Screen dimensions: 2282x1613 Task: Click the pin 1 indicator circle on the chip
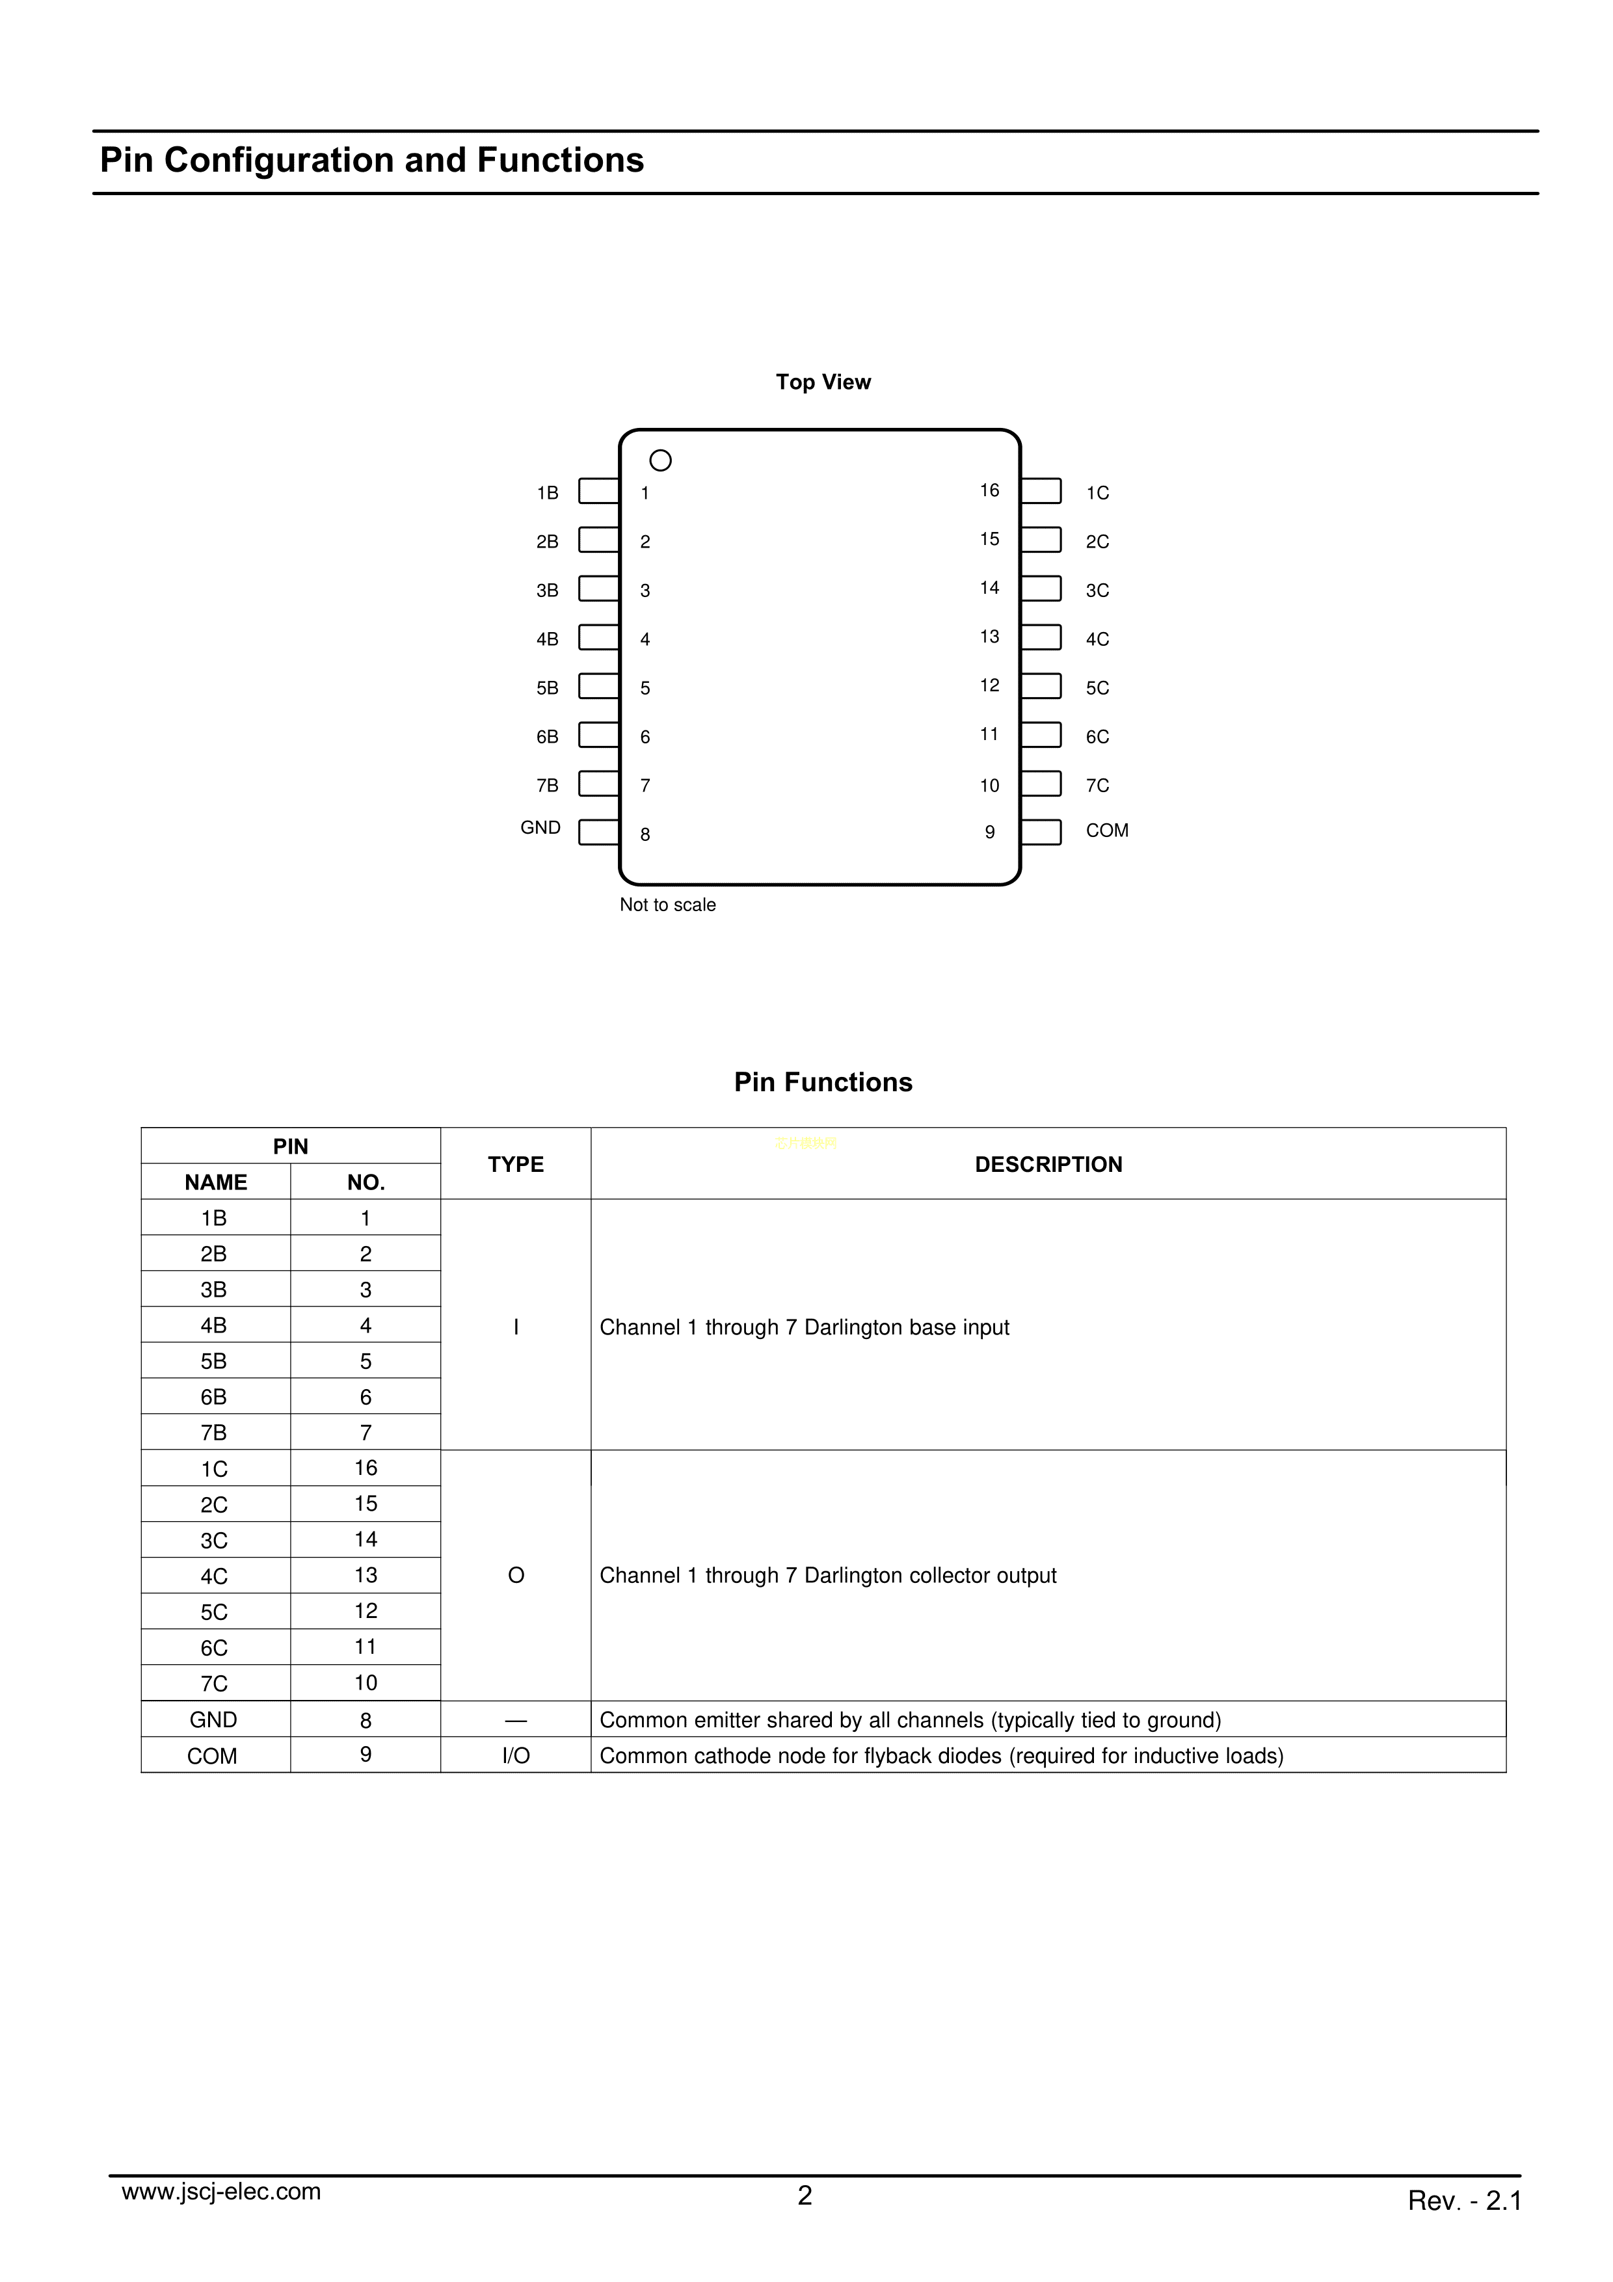point(660,460)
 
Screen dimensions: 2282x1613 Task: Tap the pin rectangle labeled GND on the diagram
point(598,832)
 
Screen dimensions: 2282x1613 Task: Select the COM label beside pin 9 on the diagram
point(1106,831)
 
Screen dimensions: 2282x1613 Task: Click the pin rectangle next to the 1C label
point(1041,491)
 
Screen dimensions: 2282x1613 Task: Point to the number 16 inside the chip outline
point(989,490)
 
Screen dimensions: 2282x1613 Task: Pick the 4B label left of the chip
point(546,639)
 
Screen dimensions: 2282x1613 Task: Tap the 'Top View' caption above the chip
point(823,382)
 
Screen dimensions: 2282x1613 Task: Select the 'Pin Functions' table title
point(823,1082)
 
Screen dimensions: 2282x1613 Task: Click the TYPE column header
point(516,1164)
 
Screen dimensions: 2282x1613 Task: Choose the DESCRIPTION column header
point(1048,1164)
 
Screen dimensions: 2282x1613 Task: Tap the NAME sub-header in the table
point(216,1182)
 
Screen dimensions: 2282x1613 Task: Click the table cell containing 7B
point(214,1432)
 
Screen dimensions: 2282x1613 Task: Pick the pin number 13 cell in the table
point(366,1575)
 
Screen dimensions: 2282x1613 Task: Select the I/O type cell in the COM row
point(516,1757)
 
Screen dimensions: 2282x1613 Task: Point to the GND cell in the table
point(214,1721)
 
